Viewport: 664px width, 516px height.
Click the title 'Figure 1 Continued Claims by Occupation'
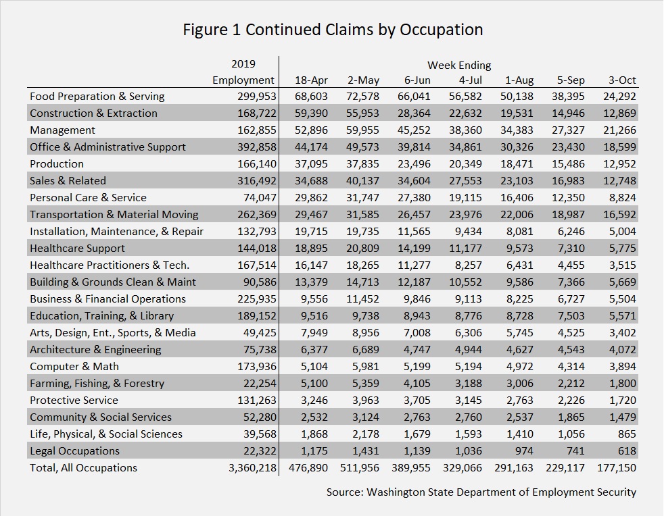(x=333, y=30)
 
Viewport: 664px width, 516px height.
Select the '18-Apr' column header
(x=311, y=80)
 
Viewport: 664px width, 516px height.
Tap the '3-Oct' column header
(x=622, y=80)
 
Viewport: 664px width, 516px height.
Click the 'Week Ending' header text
(x=459, y=65)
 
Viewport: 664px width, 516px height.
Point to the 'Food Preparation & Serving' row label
(x=97, y=97)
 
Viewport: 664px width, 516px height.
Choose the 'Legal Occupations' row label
(x=74, y=451)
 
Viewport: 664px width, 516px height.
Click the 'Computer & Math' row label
(x=74, y=366)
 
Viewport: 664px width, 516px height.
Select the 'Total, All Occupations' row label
(x=83, y=468)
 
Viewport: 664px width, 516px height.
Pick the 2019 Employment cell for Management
(x=257, y=130)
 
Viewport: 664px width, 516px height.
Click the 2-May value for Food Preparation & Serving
(x=362, y=97)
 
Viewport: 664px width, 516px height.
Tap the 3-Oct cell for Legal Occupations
(x=627, y=451)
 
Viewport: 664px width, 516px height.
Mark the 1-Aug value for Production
(x=517, y=164)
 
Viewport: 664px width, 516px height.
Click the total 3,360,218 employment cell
(x=252, y=468)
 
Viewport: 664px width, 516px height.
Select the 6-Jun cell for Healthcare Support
(x=414, y=249)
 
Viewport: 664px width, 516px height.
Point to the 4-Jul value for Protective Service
(x=469, y=400)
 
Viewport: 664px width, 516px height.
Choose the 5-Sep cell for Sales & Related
(x=568, y=181)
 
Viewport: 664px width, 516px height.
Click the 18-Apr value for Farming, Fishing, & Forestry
(x=314, y=383)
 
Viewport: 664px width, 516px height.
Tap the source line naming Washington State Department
(x=481, y=492)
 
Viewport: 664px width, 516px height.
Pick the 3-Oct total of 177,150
(x=617, y=468)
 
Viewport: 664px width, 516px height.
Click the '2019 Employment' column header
(x=243, y=72)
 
